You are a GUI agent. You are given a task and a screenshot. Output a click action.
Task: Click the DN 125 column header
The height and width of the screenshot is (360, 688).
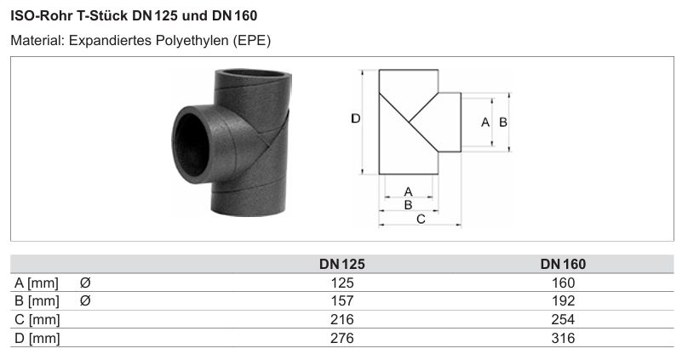tap(341, 264)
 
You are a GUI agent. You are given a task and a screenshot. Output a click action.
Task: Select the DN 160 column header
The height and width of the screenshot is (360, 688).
tap(563, 264)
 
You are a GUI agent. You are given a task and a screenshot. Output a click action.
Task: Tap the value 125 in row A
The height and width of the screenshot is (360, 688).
tap(342, 283)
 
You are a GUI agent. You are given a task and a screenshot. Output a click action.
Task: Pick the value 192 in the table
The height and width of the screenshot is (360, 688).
tap(563, 300)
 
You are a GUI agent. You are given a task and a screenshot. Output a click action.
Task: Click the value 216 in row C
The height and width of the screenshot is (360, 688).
tap(342, 319)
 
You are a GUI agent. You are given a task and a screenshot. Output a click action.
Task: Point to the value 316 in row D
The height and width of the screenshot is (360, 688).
tap(563, 338)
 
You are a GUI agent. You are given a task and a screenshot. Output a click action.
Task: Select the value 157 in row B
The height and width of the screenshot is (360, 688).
tap(342, 300)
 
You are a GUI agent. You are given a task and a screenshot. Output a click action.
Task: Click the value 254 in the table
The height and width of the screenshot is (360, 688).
tap(563, 319)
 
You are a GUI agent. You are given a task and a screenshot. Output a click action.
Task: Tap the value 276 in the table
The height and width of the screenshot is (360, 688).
tap(342, 338)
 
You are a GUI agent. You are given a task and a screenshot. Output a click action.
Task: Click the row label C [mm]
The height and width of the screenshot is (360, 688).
tap(37, 320)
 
